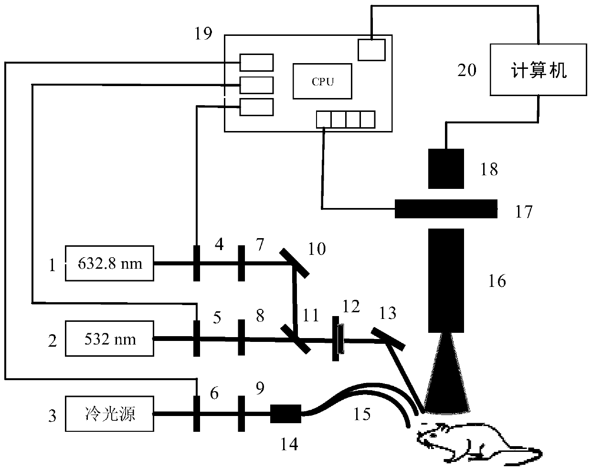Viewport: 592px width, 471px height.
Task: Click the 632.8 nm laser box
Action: pyautogui.click(x=109, y=263)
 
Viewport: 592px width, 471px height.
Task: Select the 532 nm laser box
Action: pyautogui.click(x=109, y=339)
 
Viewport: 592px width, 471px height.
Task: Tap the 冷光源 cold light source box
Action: pyautogui.click(x=109, y=414)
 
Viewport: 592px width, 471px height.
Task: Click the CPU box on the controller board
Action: pyautogui.click(x=322, y=81)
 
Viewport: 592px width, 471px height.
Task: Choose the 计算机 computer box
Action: pyautogui.click(x=539, y=70)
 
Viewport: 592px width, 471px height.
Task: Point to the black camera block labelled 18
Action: pyautogui.click(x=446, y=169)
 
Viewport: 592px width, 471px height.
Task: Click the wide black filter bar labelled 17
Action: pyautogui.click(x=446, y=209)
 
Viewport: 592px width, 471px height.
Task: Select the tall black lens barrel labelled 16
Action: pyautogui.click(x=446, y=281)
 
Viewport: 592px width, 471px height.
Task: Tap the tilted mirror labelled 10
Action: pyautogui.click(x=295, y=263)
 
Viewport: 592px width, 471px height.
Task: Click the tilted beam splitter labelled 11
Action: pyautogui.click(x=296, y=339)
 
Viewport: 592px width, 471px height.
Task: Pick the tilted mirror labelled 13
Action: pyautogui.click(x=388, y=339)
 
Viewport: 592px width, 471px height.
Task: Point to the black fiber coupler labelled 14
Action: pyautogui.click(x=285, y=414)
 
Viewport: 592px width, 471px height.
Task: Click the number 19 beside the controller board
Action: pyautogui.click(x=203, y=33)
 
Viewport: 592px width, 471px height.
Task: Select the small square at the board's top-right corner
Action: pyautogui.click(x=371, y=50)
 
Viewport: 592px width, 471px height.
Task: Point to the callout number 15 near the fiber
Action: pyautogui.click(x=362, y=414)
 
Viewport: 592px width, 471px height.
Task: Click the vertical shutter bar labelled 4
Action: pyautogui.click(x=196, y=263)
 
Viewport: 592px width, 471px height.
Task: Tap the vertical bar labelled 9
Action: pyautogui.click(x=241, y=414)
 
